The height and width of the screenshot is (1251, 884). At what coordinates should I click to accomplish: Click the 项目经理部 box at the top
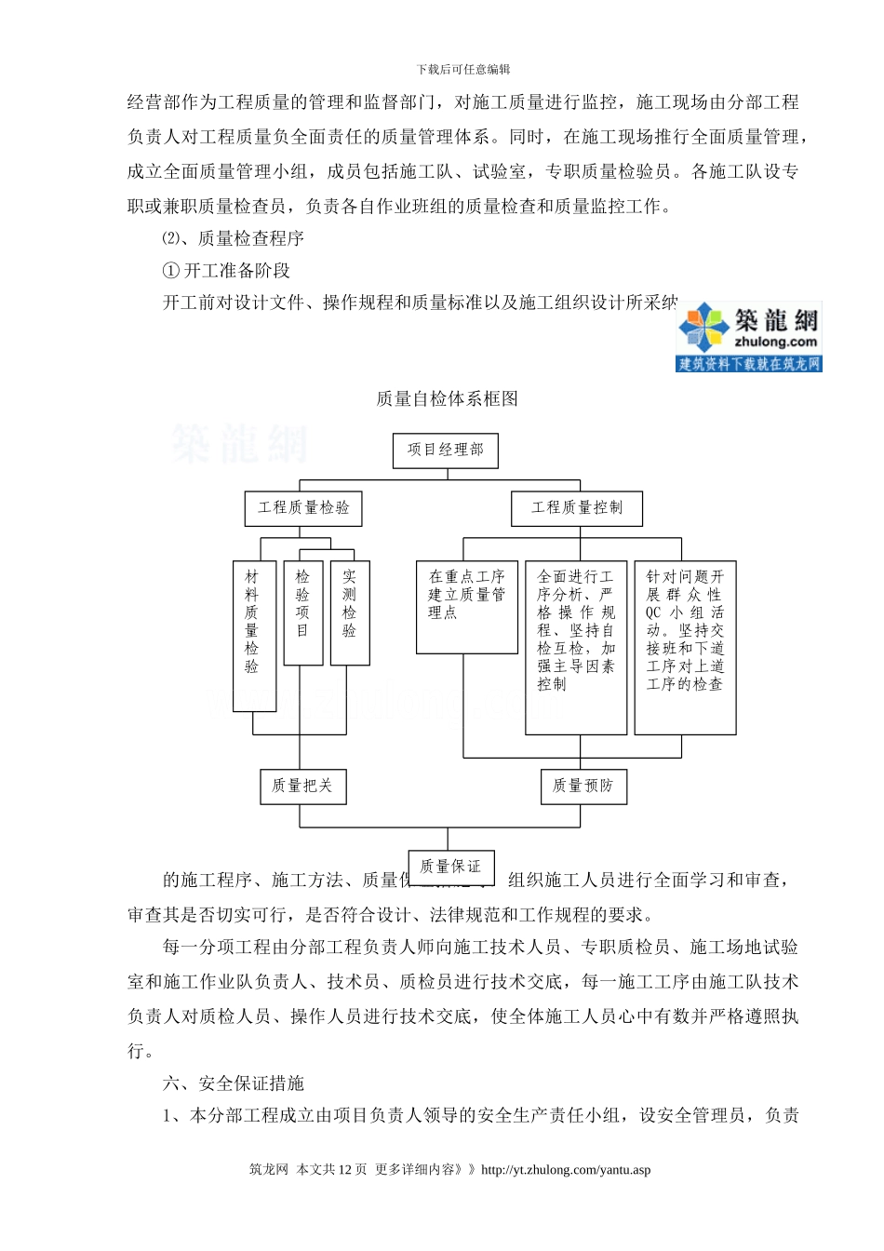[x=446, y=451]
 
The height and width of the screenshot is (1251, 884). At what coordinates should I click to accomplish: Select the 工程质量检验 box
[x=303, y=508]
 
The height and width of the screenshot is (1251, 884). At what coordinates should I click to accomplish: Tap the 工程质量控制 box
[x=577, y=508]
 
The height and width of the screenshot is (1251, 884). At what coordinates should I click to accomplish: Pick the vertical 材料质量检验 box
[x=254, y=636]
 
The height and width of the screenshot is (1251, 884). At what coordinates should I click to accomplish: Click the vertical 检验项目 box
[x=303, y=612]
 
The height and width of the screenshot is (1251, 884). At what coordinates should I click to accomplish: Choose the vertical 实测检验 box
[x=350, y=612]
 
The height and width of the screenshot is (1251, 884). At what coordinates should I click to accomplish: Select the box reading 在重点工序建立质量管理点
[x=467, y=607]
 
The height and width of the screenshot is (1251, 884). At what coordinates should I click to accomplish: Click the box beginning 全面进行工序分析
[x=576, y=647]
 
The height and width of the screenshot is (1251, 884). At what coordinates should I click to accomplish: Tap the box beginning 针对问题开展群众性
[x=685, y=647]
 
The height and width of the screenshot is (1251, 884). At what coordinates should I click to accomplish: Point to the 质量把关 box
[x=302, y=787]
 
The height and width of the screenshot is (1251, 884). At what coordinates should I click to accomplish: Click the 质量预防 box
[x=583, y=787]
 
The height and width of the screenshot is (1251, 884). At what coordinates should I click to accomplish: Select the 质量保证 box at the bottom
[x=450, y=867]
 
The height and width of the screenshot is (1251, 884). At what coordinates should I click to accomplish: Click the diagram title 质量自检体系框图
[x=447, y=399]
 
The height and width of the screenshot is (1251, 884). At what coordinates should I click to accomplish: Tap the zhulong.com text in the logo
[x=775, y=343]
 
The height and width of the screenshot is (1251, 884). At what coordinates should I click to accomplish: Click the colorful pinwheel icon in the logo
[x=703, y=328]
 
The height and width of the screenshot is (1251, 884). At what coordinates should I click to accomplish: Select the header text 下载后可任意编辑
[x=463, y=70]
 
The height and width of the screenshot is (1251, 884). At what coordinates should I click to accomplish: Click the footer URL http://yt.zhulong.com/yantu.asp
[x=566, y=1170]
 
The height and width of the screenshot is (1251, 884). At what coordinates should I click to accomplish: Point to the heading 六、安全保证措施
[x=234, y=1083]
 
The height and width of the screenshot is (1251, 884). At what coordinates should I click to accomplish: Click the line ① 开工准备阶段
[x=226, y=271]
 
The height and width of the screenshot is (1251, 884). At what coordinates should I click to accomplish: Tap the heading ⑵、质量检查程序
[x=234, y=238]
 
